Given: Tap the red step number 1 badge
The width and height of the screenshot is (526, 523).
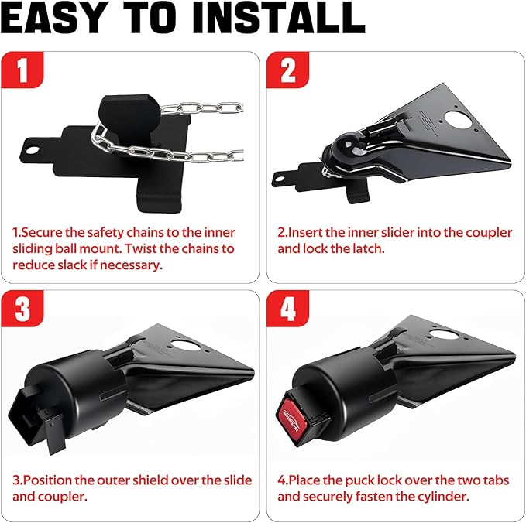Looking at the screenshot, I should (x=22, y=72).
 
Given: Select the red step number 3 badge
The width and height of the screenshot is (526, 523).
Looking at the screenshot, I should (x=22, y=309).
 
